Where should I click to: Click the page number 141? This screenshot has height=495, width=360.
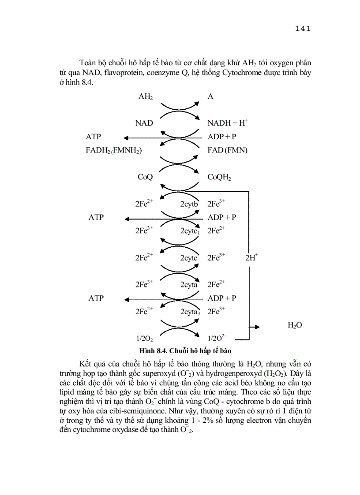tap(303, 29)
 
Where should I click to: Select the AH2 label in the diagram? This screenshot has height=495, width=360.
tap(146, 97)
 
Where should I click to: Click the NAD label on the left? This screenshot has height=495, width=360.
tap(144, 123)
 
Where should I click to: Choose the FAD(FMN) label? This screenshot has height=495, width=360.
tap(228, 150)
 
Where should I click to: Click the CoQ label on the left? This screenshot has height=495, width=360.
tap(145, 177)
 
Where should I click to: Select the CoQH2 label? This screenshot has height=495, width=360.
tap(220, 177)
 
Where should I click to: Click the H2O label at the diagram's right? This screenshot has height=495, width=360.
tap(294, 325)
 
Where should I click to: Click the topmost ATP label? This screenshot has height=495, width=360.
tap(94, 137)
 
